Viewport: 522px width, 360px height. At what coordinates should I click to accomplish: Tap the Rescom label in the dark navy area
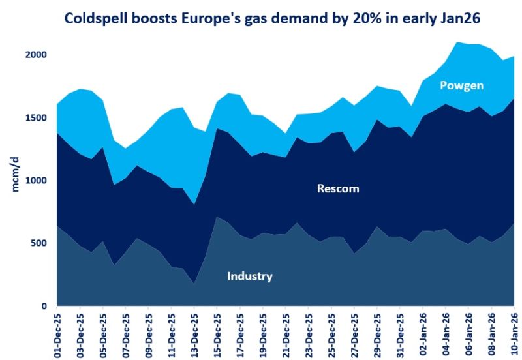pos(338,189)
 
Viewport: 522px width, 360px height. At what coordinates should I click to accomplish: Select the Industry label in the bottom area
pos(249,277)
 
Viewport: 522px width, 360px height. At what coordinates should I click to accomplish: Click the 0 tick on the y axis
pos(44,306)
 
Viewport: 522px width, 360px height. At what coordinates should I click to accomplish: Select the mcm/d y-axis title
pos(14,175)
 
